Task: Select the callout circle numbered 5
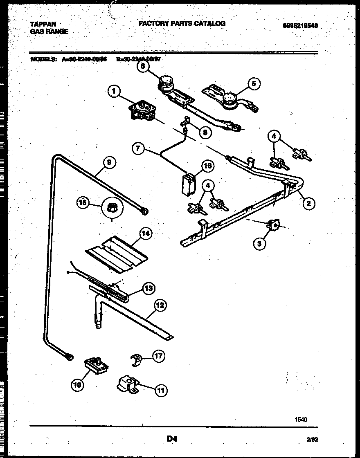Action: pos(253,84)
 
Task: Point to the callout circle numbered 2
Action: pos(308,203)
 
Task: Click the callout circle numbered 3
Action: pos(259,244)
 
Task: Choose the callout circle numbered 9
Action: pos(109,162)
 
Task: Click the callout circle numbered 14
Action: pos(145,234)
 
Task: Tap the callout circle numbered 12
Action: pos(160,305)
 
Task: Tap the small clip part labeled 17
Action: pos(136,360)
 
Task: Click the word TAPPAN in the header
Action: pos(43,25)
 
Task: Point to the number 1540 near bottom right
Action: pos(301,419)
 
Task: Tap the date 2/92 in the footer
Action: pos(312,440)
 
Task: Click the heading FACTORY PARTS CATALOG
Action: pos(182,24)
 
